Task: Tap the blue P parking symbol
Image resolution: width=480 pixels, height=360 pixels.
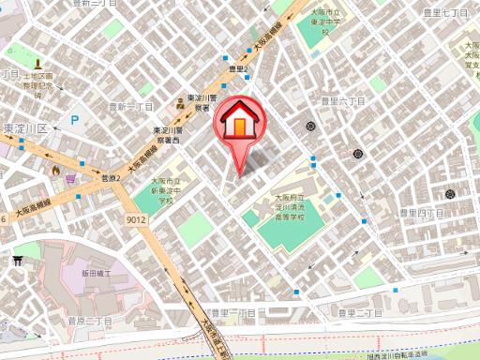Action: point(74,121)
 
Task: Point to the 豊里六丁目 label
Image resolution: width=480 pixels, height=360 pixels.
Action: point(342,99)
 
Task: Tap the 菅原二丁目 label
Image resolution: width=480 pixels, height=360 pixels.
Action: point(89,321)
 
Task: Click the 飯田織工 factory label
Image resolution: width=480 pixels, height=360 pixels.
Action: point(97,274)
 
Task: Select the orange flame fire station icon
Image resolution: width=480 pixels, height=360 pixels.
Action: point(56,171)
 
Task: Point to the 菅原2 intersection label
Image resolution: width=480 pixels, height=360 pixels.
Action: point(112,177)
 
